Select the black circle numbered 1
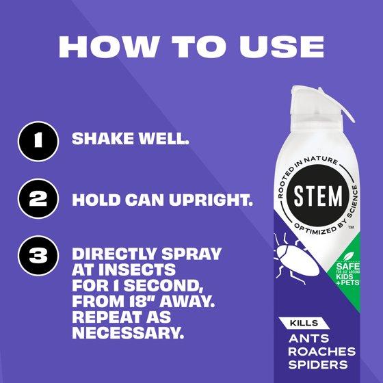[x=38, y=141]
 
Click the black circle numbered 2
[x=38, y=198]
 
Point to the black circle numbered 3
[x=38, y=256]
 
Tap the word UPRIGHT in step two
[x=211, y=200]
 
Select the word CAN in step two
[x=144, y=200]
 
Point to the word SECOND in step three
[x=165, y=285]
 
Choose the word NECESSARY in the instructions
[x=128, y=332]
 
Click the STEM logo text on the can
[x=318, y=196]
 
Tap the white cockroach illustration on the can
[x=296, y=259]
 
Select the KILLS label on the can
[x=304, y=323]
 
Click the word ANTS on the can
[x=308, y=339]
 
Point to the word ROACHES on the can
[x=321, y=352]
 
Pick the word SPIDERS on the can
[x=318, y=365]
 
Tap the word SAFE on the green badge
[x=347, y=267]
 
